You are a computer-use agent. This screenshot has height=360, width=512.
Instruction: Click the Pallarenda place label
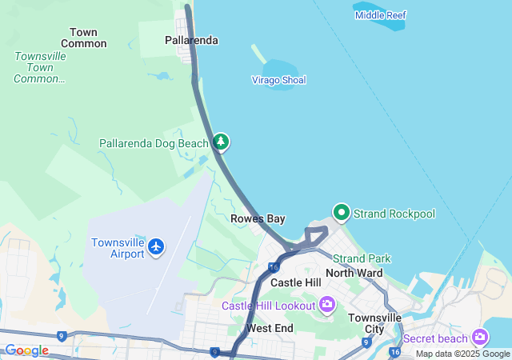point(191,40)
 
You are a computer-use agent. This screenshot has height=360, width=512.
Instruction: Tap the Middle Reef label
point(381,15)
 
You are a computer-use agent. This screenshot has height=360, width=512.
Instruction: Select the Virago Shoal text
point(278,80)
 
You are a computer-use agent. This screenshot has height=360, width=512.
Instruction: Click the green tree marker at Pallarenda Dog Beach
point(221,142)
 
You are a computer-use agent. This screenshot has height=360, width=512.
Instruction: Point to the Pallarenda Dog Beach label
point(154,143)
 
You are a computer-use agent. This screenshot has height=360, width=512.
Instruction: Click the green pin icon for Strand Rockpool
point(342,212)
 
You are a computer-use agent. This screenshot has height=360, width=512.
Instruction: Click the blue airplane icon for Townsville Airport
point(156,247)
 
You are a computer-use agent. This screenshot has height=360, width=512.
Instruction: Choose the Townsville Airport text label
point(118,248)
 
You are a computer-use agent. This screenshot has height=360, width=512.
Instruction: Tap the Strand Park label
point(362,258)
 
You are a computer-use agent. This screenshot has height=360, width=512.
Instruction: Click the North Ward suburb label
point(354,273)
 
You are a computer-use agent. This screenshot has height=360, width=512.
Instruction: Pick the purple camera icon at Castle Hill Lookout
point(326,304)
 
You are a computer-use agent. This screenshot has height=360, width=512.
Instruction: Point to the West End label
point(270,328)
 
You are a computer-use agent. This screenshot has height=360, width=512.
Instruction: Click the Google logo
point(26,350)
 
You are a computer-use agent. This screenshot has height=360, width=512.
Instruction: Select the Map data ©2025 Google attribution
point(462,354)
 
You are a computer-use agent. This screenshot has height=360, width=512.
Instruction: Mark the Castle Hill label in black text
point(295,283)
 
